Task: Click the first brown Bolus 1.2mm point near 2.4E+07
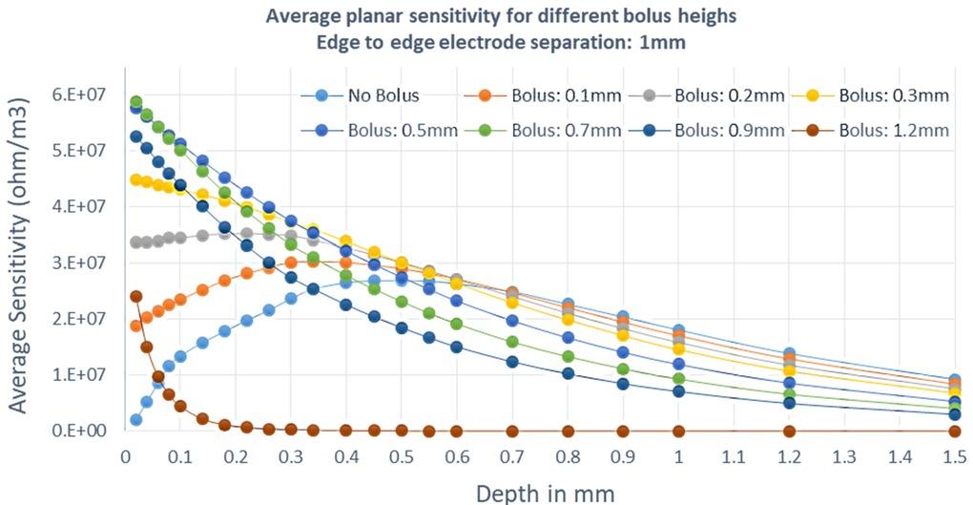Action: (135, 296)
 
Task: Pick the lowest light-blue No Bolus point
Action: (135, 420)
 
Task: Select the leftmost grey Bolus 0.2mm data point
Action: (135, 242)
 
